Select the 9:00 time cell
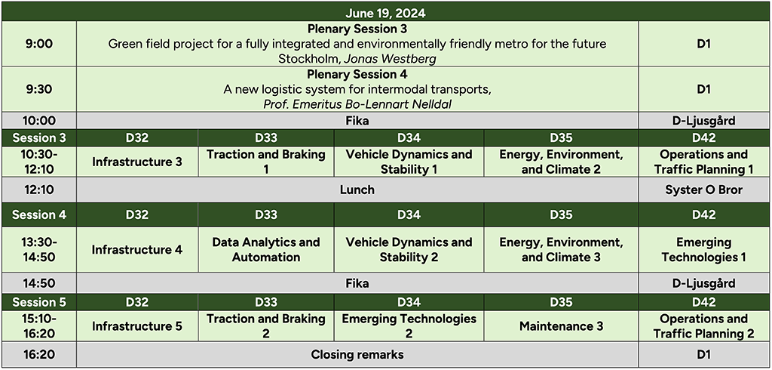pos(39,44)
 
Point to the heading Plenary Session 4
pos(357,75)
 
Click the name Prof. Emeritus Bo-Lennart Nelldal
pos(357,105)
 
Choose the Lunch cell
pos(357,190)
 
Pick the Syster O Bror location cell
pos(704,190)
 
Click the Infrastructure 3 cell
pos(137,162)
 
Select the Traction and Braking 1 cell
pos(266,162)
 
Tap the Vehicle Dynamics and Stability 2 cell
pos(409,250)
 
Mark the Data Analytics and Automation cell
pos(266,250)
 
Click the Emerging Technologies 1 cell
pos(704,250)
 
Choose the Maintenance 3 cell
pos(561,326)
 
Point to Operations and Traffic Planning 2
pos(704,326)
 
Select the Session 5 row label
pos(39,301)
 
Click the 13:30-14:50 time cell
pos(39,250)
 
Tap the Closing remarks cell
pos(357,354)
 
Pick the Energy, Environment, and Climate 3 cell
pos(561,250)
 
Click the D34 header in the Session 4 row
pos(409,214)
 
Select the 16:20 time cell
pos(39,354)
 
